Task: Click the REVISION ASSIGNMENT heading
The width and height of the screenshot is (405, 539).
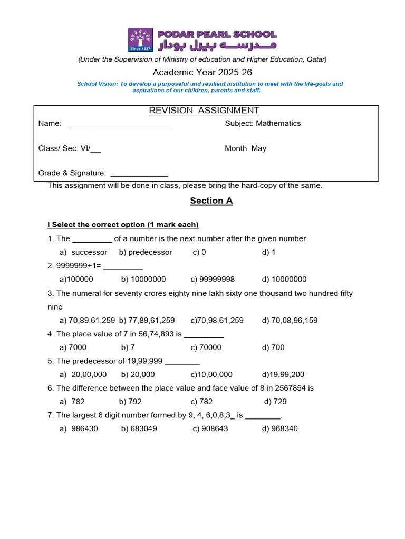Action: point(204,111)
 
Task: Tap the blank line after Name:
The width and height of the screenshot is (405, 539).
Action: point(119,124)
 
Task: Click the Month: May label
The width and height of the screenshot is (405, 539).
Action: point(245,148)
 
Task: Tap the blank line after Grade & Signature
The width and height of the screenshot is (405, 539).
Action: point(139,174)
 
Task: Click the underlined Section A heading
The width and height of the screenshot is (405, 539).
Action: point(211,201)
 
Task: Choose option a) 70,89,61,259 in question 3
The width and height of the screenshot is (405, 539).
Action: point(88,320)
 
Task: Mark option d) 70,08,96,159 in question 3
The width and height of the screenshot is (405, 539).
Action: point(290,320)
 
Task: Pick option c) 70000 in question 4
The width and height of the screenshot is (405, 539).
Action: point(206,347)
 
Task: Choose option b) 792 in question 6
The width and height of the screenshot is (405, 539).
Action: point(131,402)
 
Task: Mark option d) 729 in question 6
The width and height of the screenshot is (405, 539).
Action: point(275,402)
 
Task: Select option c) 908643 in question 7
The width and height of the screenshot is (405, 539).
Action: point(210,428)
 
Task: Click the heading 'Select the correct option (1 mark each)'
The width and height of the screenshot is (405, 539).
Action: point(123,225)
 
